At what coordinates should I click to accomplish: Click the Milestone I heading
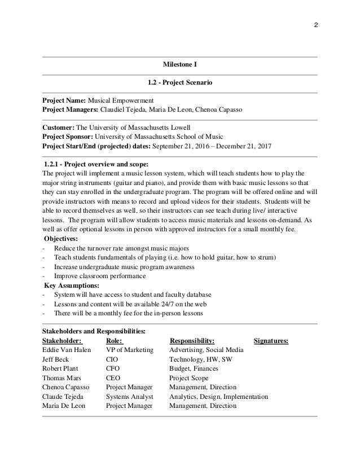[180, 66]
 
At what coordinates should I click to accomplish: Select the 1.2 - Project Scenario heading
[180, 83]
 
